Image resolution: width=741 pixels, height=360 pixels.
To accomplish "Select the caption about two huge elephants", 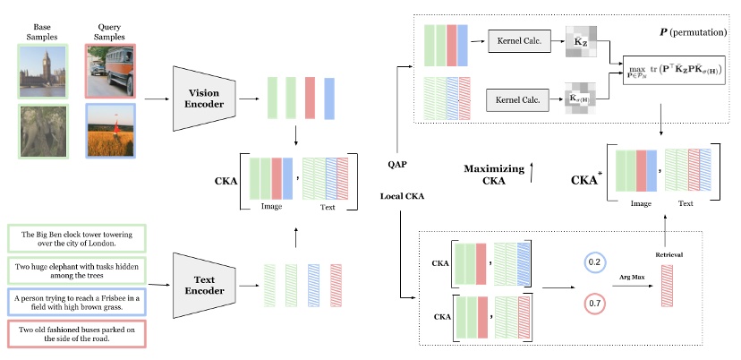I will [x=74, y=270].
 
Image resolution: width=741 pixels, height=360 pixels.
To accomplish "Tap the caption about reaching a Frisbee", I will [x=74, y=302].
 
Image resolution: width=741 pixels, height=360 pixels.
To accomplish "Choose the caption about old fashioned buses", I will [x=74, y=333].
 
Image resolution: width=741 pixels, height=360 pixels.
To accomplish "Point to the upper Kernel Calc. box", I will [x=518, y=42].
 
